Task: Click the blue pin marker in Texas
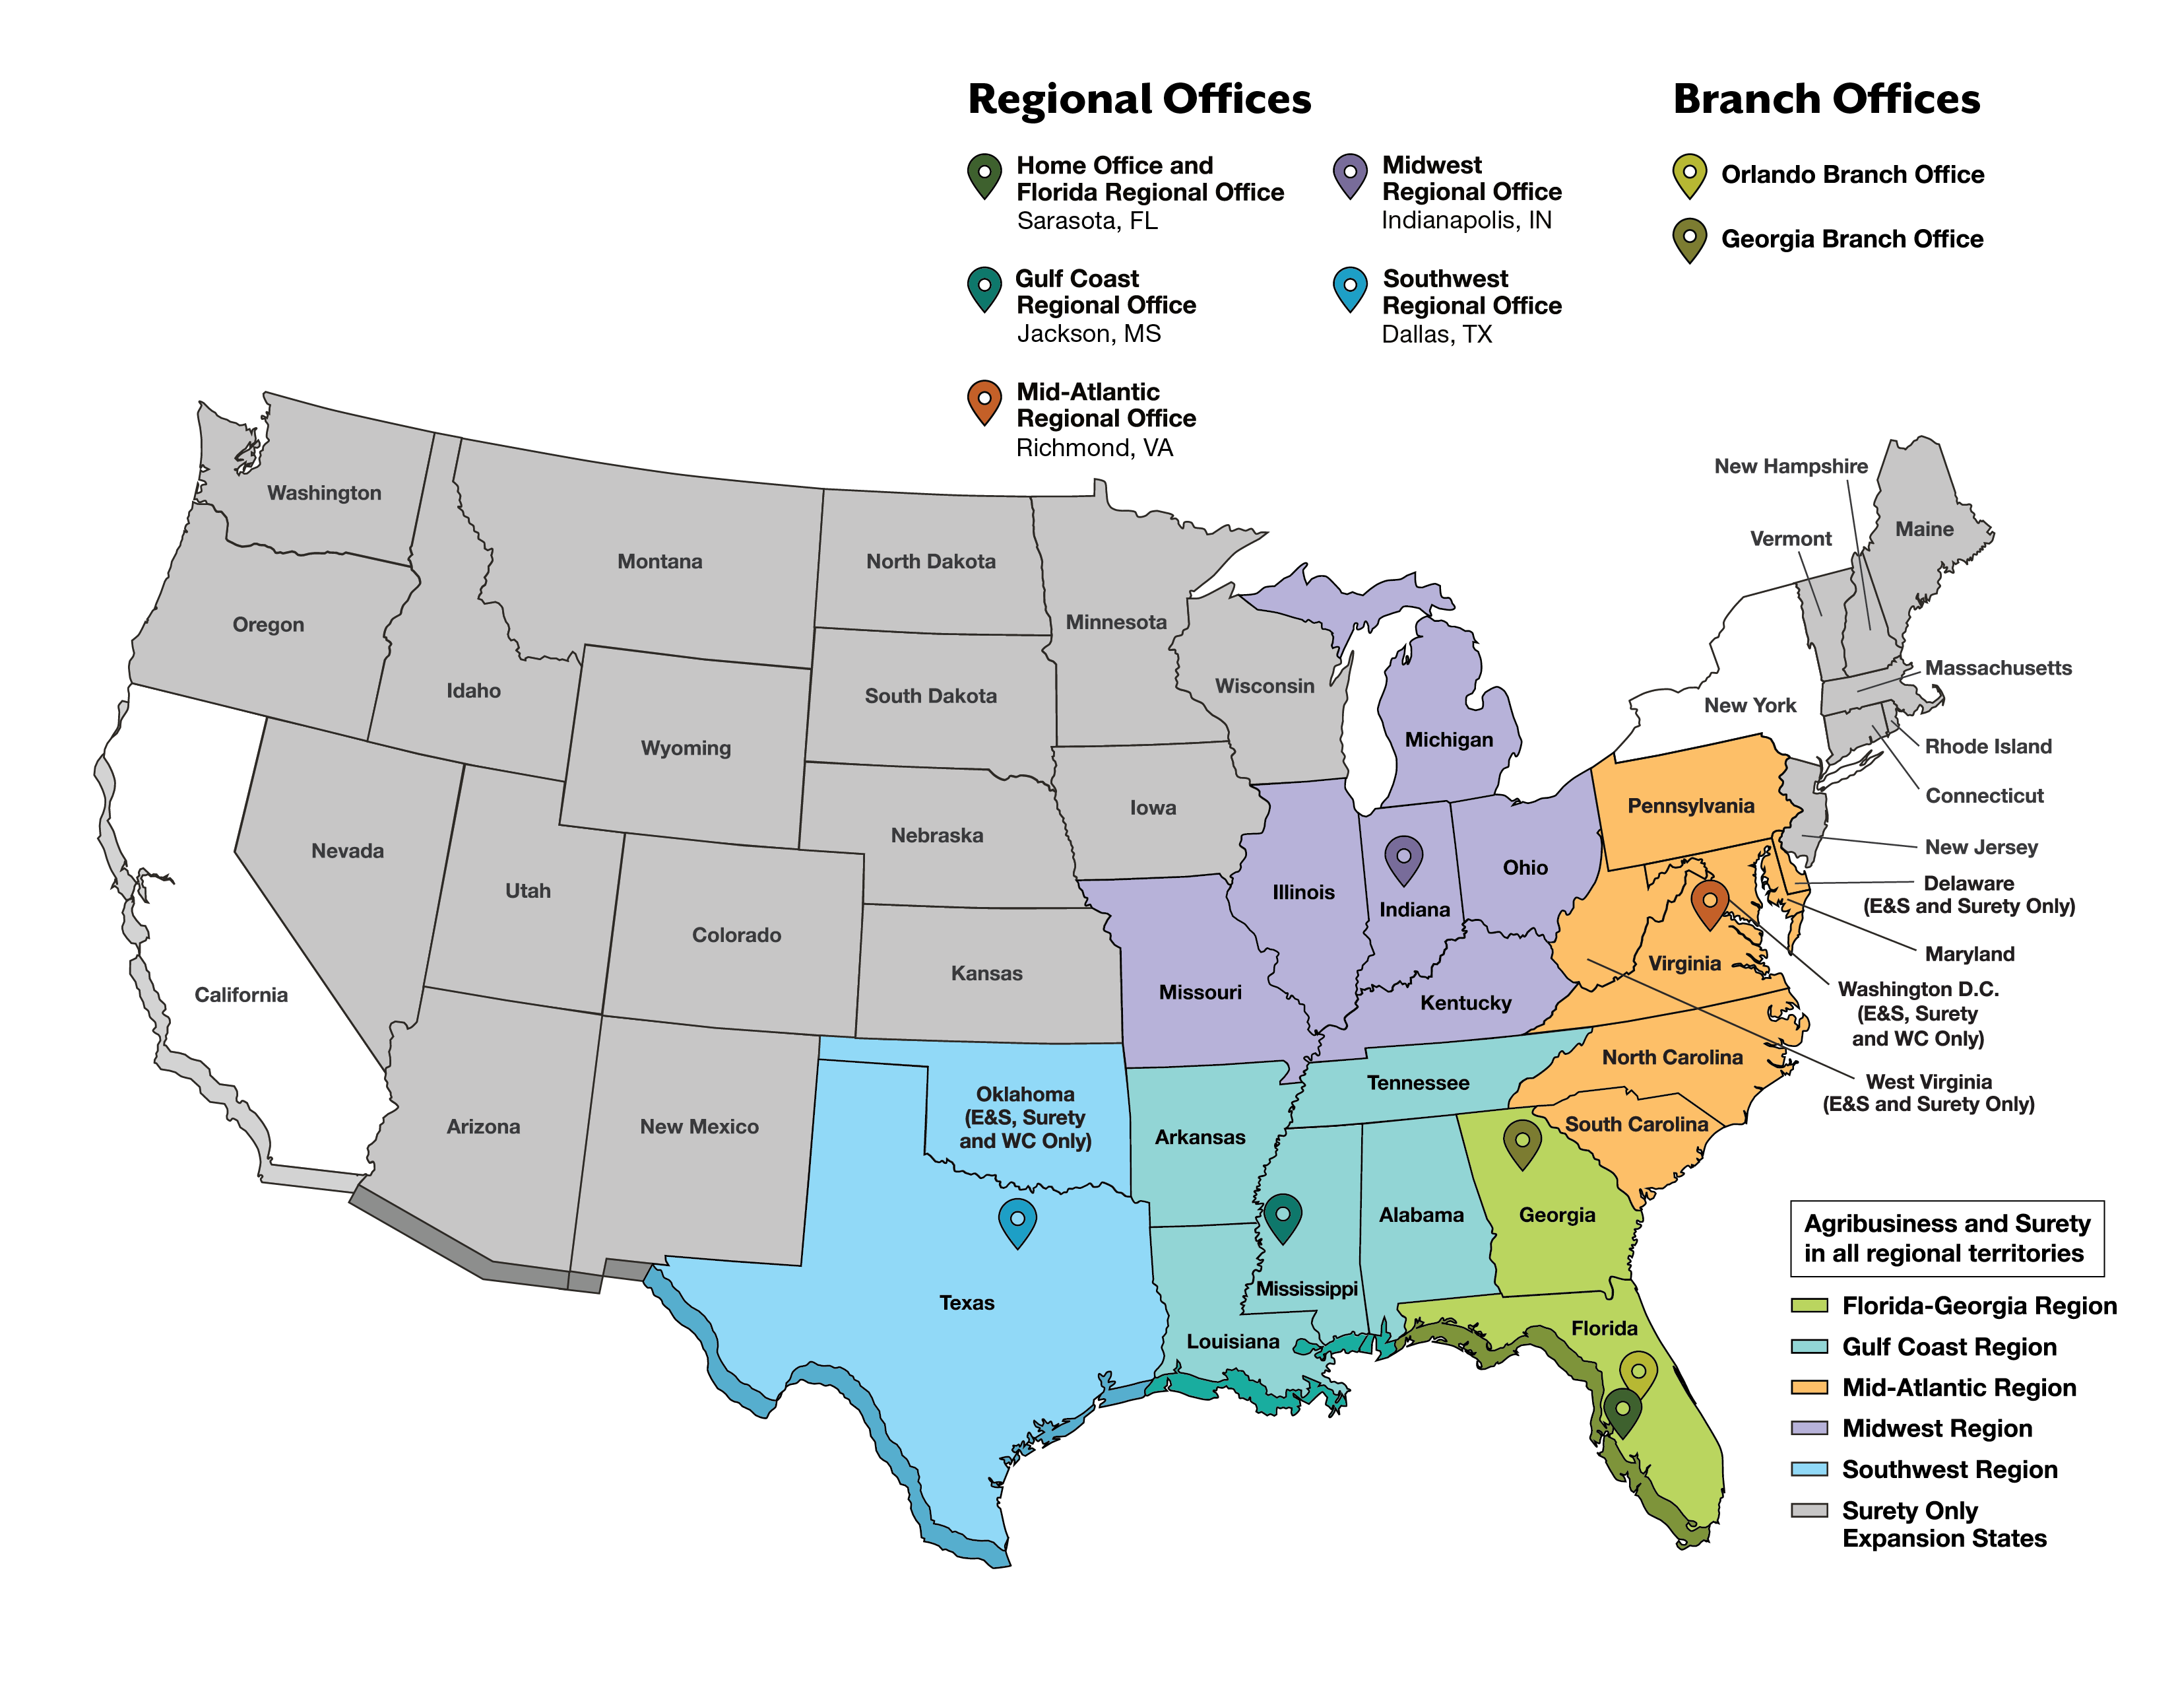(1017, 1221)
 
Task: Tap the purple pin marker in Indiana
(1403, 858)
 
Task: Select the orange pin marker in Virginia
(1710, 903)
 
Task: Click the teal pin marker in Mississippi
(1283, 1217)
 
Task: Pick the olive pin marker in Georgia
(1521, 1142)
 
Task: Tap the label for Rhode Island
(1987, 746)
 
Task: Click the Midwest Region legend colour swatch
(1809, 1428)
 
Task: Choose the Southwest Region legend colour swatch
(1809, 1469)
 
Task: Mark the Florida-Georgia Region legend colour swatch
(1809, 1305)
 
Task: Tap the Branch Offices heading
(1826, 100)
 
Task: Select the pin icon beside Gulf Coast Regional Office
(984, 288)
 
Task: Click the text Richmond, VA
(1094, 448)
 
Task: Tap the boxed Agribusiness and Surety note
(1946, 1238)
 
